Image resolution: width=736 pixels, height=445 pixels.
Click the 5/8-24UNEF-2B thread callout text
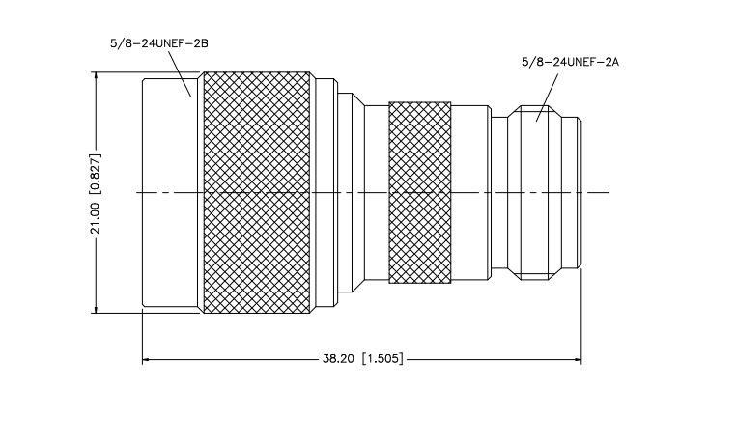point(159,43)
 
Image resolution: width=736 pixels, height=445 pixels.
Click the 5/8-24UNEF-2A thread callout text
point(570,62)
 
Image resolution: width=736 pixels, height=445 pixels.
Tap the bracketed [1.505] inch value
point(382,359)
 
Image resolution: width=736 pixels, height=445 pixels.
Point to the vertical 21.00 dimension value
point(96,218)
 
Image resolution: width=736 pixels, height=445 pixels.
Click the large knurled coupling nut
point(257,192)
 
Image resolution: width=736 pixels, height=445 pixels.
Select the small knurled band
point(419,192)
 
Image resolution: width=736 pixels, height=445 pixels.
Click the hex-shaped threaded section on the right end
point(535,192)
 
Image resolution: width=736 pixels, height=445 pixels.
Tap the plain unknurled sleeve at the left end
point(170,192)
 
